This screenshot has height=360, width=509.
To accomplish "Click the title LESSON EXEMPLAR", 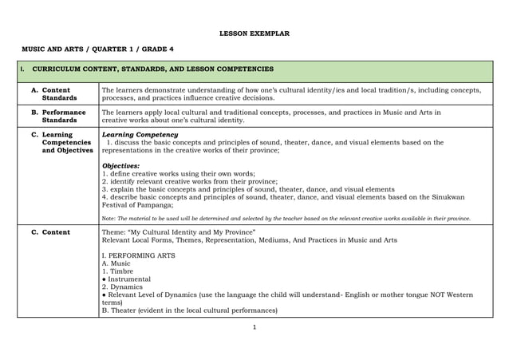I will pos(254,34).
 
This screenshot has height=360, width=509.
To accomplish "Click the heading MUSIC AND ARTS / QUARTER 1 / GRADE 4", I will pos(97,49).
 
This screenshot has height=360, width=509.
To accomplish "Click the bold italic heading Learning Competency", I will pos(140,135).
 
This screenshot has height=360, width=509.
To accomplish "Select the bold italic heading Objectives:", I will pos(121,166).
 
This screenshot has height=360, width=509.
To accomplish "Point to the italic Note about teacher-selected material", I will pos(286,217).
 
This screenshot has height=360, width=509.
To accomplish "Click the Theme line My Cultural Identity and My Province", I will pos(179,232).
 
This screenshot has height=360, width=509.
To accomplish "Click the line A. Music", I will pos(116,263).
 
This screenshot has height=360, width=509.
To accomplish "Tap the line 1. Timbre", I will pos(118,271).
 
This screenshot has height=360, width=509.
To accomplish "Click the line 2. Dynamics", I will pos(121,287).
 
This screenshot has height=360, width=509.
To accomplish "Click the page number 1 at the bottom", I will pos(254,326).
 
